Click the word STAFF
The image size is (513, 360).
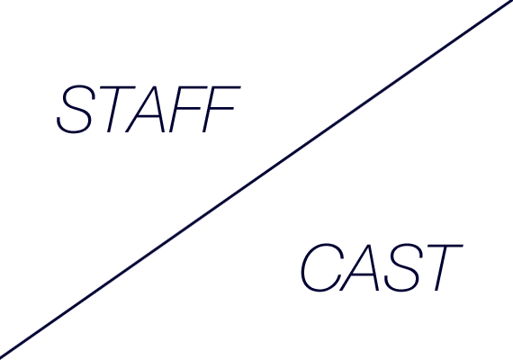click(x=148, y=109)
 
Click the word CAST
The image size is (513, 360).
click(x=382, y=267)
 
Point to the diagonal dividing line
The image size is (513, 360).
click(x=256, y=179)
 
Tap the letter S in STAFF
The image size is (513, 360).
click(x=76, y=109)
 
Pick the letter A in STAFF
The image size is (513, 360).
click(x=145, y=109)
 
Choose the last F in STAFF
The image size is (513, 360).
click(x=220, y=109)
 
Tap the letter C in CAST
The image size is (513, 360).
click(x=322, y=267)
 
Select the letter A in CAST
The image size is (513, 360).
click(x=360, y=267)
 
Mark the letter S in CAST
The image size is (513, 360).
click(x=401, y=267)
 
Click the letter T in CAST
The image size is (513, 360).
click(x=444, y=267)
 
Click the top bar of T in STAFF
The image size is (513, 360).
click(x=118, y=87)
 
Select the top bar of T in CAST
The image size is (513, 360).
click(x=445, y=246)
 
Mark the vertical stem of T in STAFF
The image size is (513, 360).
click(x=112, y=111)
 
